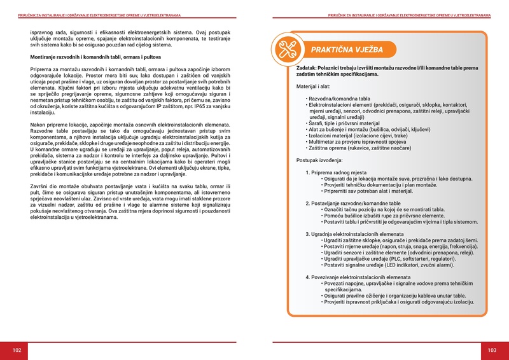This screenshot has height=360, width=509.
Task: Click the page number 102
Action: [17, 350]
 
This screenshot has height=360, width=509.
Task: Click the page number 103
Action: [492, 350]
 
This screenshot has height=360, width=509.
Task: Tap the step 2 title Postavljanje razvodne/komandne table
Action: [354, 203]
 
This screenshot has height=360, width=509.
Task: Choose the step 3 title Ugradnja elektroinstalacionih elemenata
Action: [358, 233]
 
